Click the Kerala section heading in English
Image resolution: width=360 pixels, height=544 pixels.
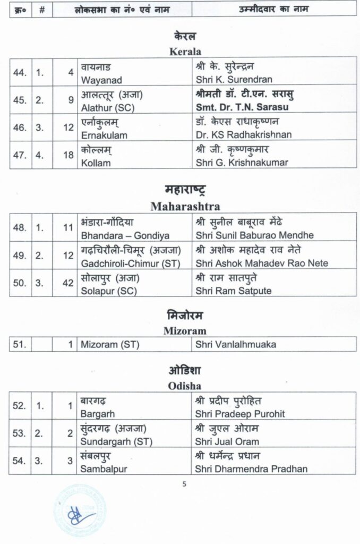tap(184, 52)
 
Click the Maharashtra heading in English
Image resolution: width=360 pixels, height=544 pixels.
tap(185, 206)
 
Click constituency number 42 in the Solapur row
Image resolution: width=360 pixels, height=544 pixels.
tap(67, 283)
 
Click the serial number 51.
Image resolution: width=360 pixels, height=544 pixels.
tap(20, 344)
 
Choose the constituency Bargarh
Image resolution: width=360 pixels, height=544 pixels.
tap(98, 413)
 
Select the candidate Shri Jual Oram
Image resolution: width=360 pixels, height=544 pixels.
tap(226, 441)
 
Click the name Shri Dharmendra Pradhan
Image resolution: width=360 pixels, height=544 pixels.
tap(251, 469)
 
